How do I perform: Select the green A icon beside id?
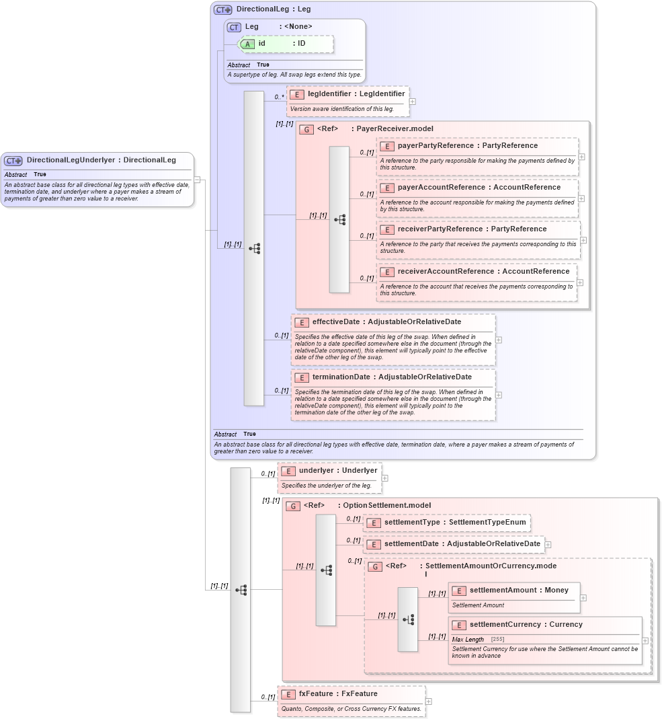pos(248,44)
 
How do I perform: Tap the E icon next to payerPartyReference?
pos(387,146)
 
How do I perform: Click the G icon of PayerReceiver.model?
pos(306,129)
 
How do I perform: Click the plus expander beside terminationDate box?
pos(499,395)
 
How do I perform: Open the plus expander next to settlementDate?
pos(548,544)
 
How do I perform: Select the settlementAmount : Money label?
pos(519,590)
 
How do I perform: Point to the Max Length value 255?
pos(497,639)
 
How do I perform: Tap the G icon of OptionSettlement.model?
pos(293,506)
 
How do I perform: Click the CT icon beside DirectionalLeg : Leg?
pos(223,10)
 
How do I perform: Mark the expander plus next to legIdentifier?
pos(412,102)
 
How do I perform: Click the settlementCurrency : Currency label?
pos(526,624)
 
